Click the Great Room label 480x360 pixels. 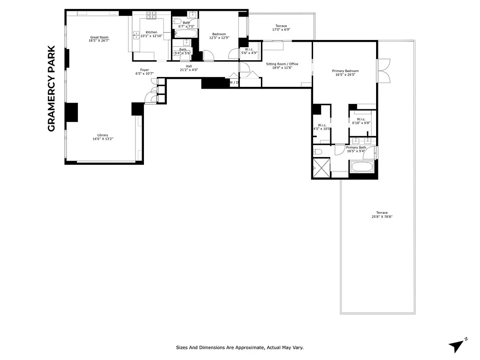(x=99, y=37)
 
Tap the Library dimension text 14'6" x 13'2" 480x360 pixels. (x=103, y=139)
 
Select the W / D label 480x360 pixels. (x=233, y=82)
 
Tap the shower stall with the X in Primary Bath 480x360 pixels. (x=322, y=167)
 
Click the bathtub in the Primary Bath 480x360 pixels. (x=363, y=167)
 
